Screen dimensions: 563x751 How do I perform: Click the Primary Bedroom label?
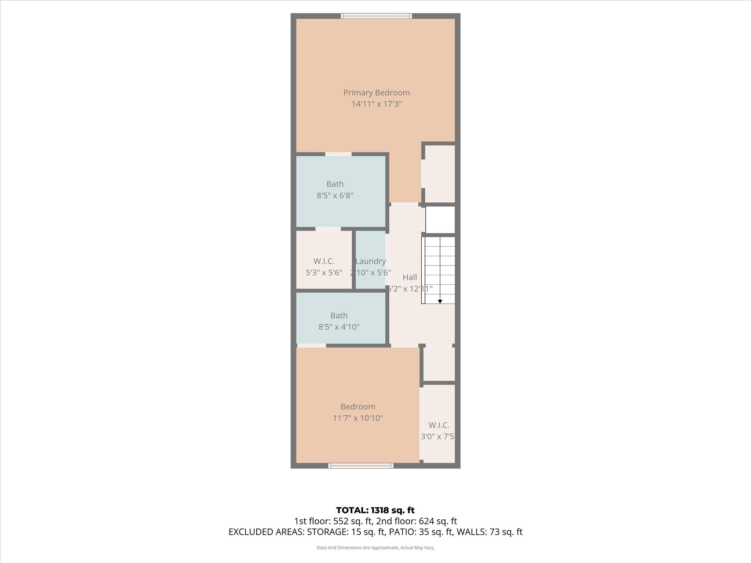(376, 93)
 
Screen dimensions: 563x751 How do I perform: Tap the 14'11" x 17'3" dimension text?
(377, 104)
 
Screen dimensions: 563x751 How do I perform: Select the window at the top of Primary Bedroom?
(376, 16)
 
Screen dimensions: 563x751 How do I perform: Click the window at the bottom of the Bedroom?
(361, 466)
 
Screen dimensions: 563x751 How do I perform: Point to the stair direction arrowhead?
(440, 302)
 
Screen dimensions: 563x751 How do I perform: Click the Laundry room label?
(370, 261)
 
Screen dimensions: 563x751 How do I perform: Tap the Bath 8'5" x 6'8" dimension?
(335, 195)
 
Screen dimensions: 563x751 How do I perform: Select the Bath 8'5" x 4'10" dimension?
(339, 327)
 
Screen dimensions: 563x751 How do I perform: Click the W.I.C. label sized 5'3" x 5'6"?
(324, 261)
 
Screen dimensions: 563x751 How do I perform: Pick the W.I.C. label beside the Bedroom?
(439, 425)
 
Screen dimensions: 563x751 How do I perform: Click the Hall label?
(410, 277)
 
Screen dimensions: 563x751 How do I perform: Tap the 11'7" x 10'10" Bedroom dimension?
(358, 418)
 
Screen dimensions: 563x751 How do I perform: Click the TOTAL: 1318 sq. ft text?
(375, 510)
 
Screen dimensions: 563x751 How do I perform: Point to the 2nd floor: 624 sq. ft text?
(417, 521)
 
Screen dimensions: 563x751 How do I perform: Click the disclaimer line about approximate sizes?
(375, 548)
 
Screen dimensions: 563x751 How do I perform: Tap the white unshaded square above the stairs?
(440, 220)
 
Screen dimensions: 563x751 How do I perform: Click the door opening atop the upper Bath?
(338, 154)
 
